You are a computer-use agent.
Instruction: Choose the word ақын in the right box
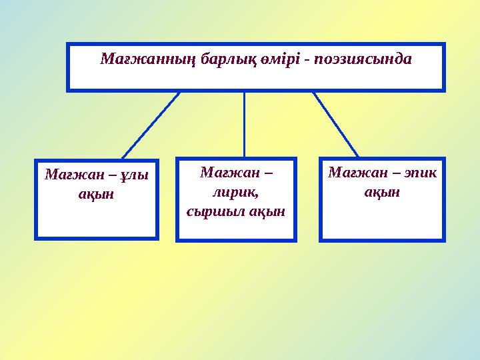pos(382,192)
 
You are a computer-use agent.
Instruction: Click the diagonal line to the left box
pos(151,125)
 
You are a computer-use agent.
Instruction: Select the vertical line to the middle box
pos(245,124)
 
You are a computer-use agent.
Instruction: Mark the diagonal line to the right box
pos(335,124)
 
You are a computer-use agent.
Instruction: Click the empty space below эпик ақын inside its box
pos(382,220)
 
